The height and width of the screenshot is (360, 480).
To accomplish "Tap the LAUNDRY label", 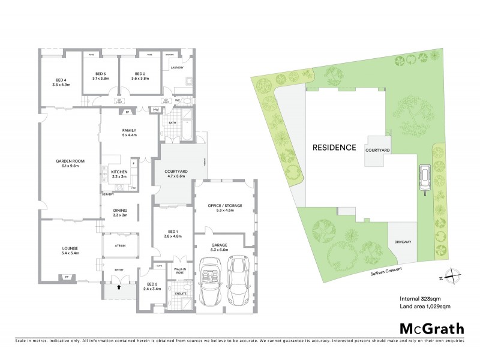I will pos(177,67).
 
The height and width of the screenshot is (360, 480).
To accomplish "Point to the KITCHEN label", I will pos(119,172).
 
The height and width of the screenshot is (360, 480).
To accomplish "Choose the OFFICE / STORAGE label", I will pos(225,205).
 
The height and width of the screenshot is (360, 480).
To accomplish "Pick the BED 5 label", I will pos(152,284).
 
